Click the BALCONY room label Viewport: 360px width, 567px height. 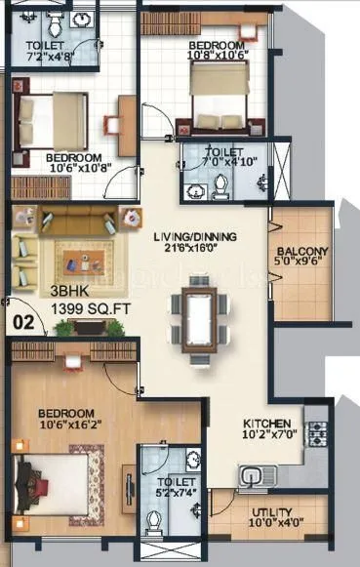coord(301,250)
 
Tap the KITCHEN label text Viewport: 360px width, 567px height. coord(265,424)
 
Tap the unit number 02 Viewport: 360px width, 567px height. coord(21,318)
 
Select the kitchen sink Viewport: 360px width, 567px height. coord(259,475)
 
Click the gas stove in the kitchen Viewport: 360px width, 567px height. coord(317,430)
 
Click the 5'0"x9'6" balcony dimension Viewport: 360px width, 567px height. coord(302,263)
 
